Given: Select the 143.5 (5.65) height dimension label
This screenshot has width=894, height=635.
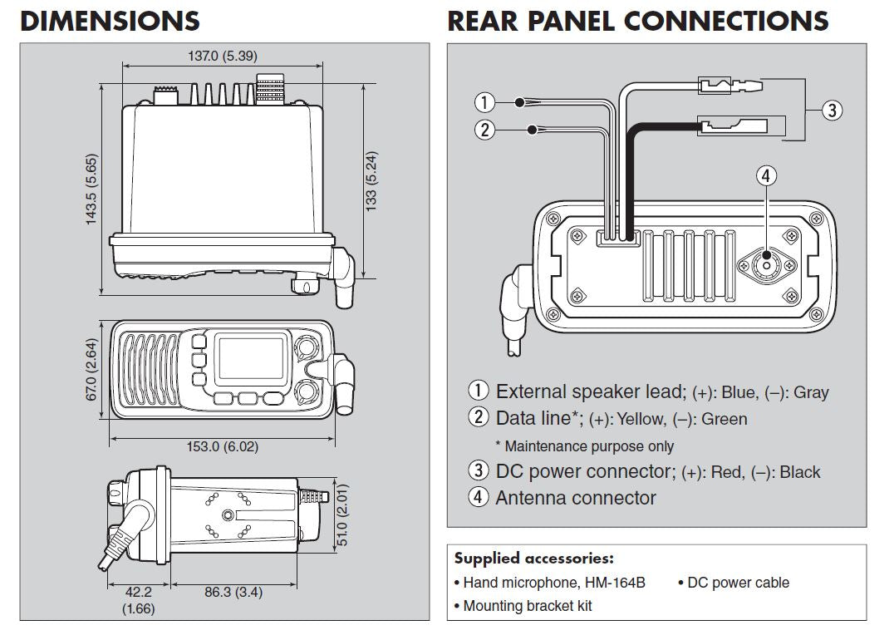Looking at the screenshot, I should point(91,189).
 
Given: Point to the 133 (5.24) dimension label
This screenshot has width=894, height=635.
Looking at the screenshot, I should point(371,179).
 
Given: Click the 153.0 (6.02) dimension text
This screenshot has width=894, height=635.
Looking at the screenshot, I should point(222,446).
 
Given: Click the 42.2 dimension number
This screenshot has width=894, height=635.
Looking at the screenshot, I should point(138,592).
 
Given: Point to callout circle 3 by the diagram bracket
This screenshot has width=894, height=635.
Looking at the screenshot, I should point(833,109).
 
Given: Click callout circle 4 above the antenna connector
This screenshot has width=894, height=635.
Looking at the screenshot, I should point(767,175).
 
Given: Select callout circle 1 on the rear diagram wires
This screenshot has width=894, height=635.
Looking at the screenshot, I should point(484,103).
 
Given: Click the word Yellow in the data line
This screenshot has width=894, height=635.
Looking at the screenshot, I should point(637,420).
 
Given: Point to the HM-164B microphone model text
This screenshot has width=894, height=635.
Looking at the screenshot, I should point(616,583).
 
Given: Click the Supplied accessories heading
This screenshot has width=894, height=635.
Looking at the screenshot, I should point(533,559).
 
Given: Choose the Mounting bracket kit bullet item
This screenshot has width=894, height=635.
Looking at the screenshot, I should point(527,606).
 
